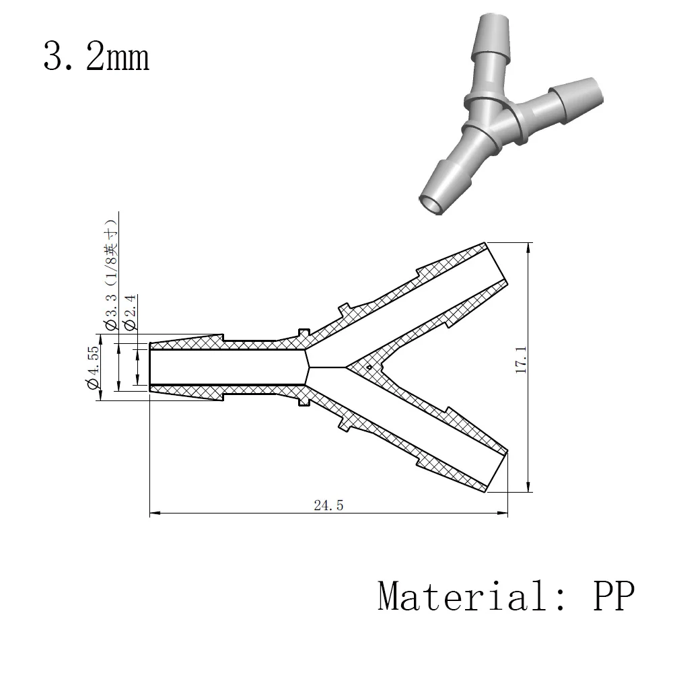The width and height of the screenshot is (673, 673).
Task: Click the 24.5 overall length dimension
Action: coord(329,505)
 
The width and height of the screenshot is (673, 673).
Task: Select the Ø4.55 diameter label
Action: coord(93,367)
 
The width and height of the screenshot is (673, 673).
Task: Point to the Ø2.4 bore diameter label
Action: coord(130,312)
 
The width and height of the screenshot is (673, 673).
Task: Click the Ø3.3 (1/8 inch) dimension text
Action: coord(111,275)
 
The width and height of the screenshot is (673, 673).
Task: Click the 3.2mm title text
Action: coord(96,57)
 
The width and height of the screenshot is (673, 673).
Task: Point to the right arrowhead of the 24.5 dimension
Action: coord(503,512)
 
